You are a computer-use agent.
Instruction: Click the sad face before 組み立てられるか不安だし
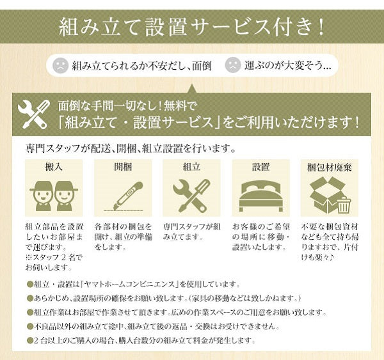point(61,65)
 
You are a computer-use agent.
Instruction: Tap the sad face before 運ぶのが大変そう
point(233,65)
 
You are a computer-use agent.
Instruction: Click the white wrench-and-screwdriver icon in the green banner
point(34,114)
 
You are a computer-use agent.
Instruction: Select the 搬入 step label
point(54,167)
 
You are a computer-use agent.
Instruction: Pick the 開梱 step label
point(123,167)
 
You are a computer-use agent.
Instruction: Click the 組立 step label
point(192,167)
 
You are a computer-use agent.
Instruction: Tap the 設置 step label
point(261,167)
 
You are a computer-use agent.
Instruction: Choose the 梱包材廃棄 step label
point(330,168)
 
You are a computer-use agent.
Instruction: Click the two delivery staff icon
point(54,196)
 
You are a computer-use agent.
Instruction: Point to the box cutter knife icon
point(124,196)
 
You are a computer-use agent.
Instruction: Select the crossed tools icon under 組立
point(192,196)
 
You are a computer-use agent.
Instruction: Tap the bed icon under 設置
point(261,196)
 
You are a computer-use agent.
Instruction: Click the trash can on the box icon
point(344,205)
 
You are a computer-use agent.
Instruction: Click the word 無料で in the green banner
point(180,106)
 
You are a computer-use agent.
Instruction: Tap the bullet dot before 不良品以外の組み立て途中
point(30,326)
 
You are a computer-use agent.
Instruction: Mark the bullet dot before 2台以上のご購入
point(30,340)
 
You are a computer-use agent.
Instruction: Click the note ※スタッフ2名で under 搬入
point(54,258)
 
